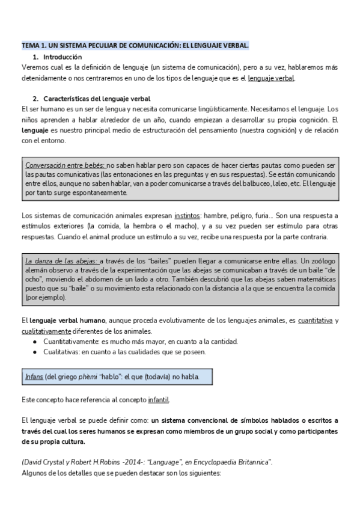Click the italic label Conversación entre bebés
[x=65, y=165]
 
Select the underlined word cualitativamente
[x=46, y=332]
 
